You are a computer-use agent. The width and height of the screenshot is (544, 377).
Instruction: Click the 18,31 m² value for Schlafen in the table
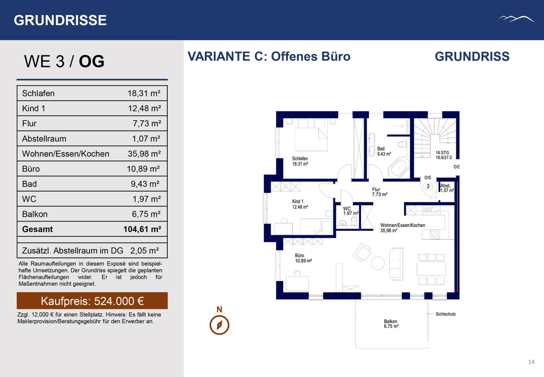144,93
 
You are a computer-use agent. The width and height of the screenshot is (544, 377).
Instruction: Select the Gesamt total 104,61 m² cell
142,229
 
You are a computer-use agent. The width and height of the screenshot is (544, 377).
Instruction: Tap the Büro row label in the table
31,169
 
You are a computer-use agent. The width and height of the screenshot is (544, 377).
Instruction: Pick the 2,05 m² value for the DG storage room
145,250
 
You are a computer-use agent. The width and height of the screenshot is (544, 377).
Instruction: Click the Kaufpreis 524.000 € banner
92,301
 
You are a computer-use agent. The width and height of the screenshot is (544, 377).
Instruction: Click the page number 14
531,362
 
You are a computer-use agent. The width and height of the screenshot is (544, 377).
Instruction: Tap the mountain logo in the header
516,19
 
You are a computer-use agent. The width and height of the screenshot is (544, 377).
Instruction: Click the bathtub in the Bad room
398,167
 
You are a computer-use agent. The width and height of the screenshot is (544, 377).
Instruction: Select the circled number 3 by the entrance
428,186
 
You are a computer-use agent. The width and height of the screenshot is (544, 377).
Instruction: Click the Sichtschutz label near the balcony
445,314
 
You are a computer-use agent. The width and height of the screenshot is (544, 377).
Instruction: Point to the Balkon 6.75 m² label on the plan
391,324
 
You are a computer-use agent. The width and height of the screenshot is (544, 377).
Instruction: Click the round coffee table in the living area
378,263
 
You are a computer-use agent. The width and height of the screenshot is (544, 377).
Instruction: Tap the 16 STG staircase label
443,155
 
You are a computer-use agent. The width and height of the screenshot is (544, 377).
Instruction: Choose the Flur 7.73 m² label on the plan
379,192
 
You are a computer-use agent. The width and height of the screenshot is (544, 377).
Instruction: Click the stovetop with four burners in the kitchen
434,235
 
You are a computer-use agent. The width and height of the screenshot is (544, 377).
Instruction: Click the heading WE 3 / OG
64,61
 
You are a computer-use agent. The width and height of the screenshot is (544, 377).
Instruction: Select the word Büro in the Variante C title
336,56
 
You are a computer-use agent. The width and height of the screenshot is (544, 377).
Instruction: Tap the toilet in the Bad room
402,144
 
